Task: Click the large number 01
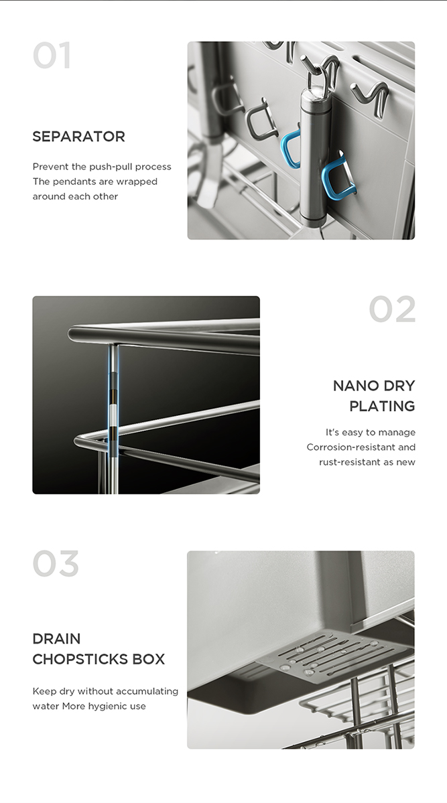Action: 51,56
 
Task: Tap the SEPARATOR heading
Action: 79,137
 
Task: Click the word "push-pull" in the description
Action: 111,167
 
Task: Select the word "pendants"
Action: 95,181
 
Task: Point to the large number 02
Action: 392,309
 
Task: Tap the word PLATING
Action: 382,406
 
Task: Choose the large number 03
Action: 56,564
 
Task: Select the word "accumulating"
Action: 149,692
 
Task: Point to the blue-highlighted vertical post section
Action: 113,399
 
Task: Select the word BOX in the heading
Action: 149,659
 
